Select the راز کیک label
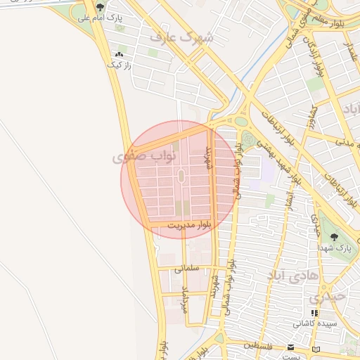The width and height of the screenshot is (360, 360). [x=119, y=65]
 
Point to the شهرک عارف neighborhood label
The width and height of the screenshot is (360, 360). [x=186, y=37]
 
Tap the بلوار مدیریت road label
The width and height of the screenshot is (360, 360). [x=189, y=224]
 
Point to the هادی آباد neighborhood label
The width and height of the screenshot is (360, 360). [x=289, y=275]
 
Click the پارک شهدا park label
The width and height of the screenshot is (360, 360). [x=334, y=248]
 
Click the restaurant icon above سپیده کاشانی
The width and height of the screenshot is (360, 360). [x=314, y=313]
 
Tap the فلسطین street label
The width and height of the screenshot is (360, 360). [x=260, y=345]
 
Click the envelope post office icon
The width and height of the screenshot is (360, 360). [x=291, y=347]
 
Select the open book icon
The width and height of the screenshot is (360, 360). [x=316, y=349]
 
